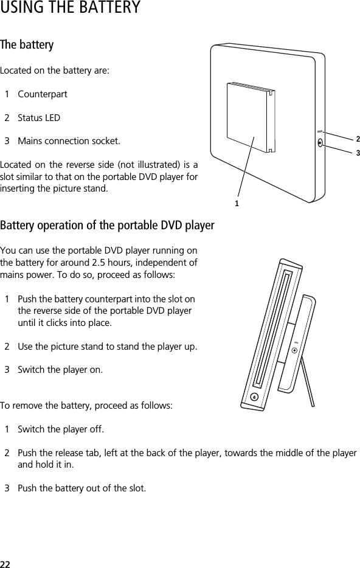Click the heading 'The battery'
click(x=27, y=46)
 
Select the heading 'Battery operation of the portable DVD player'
click(x=107, y=226)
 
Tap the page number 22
click(x=5, y=563)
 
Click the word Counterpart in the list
click(x=43, y=95)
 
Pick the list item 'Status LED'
click(x=39, y=118)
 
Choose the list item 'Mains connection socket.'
click(x=69, y=141)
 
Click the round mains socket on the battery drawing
click(x=320, y=144)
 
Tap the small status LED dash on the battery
click(x=319, y=131)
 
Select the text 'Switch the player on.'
click(x=60, y=370)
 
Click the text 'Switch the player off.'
click(x=61, y=430)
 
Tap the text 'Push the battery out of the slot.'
click(x=82, y=488)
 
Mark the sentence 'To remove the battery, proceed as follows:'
click(x=87, y=405)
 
